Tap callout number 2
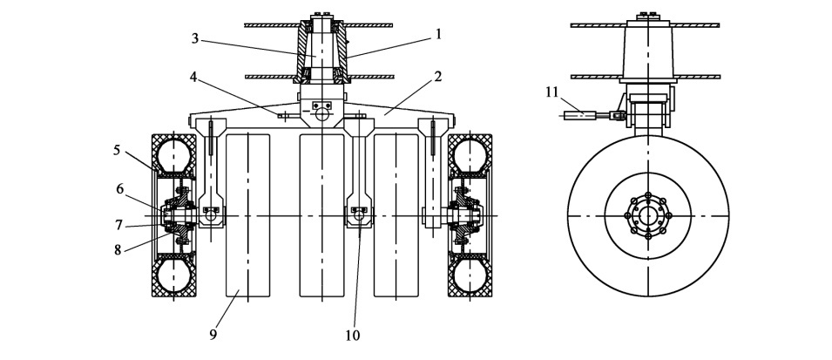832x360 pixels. point(438,76)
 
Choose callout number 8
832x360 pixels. point(118,248)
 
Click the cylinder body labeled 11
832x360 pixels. point(578,113)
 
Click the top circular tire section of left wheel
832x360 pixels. point(173,154)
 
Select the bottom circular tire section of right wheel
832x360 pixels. point(470,276)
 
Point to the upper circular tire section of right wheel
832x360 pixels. point(470,154)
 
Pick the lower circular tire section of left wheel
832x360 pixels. point(173,276)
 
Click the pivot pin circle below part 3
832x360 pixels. point(322,113)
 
